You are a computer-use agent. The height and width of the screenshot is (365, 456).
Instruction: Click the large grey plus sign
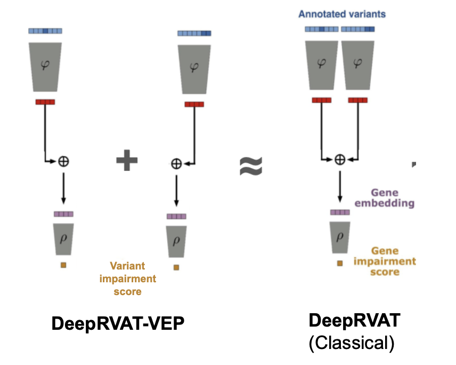(127, 161)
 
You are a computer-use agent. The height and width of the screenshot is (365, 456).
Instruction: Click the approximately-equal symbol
(250, 166)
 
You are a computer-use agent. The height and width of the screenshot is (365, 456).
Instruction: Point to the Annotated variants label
(342, 14)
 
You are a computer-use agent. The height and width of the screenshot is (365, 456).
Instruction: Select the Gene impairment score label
(393, 261)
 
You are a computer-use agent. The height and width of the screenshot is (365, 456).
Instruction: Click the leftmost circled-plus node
(64, 161)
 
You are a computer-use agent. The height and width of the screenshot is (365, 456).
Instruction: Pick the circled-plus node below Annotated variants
(340, 158)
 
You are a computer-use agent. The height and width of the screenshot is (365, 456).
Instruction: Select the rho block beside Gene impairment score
(340, 235)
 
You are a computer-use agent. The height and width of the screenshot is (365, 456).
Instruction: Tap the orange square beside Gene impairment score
(340, 263)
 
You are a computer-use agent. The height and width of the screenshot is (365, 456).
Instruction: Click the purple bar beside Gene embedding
(340, 212)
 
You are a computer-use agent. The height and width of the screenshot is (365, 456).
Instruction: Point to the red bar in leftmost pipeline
(45, 101)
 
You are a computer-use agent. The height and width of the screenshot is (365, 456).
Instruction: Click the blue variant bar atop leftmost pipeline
(45, 31)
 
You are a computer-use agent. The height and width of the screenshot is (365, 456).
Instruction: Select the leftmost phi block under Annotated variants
(321, 63)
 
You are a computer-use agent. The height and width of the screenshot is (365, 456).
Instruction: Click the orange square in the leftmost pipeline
(63, 265)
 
